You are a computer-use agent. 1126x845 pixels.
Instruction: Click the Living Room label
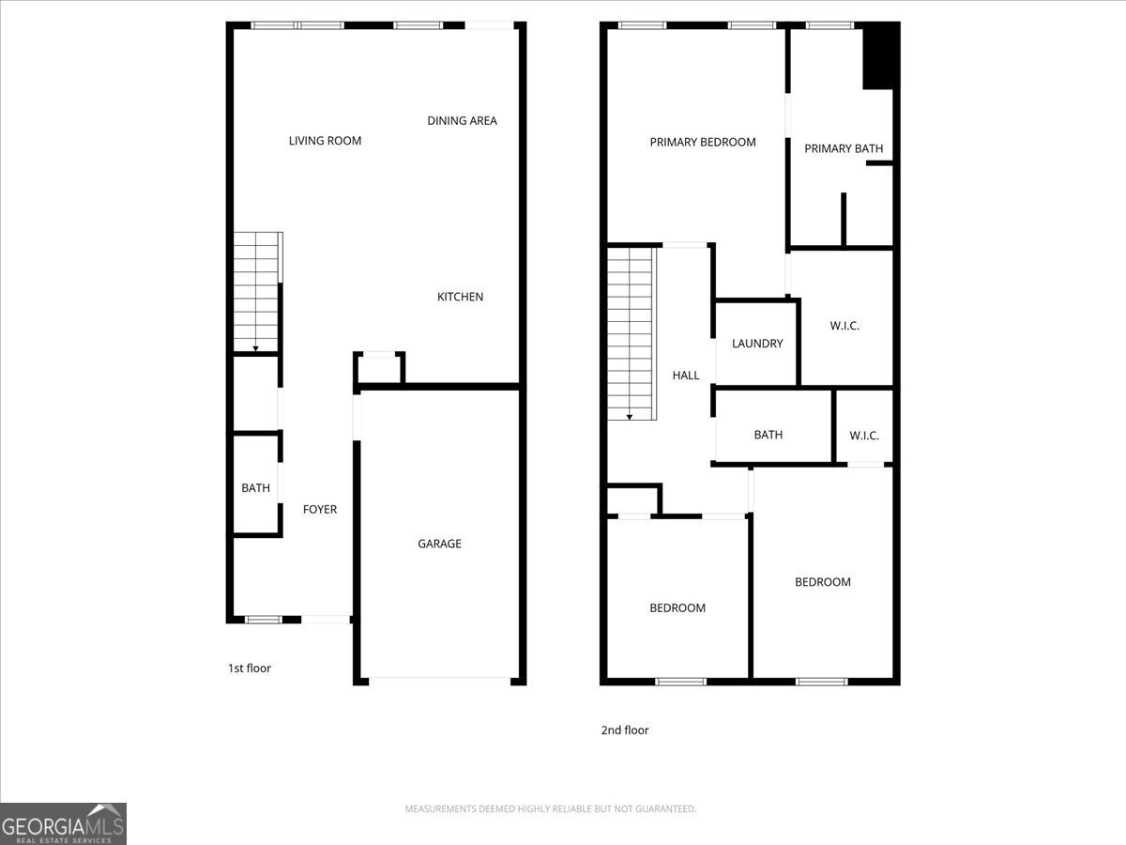[x=325, y=141]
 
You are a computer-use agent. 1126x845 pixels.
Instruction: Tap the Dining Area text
[x=462, y=120]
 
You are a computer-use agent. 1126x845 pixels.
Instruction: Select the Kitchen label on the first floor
[x=460, y=297]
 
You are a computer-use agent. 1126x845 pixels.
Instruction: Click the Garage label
[x=439, y=544]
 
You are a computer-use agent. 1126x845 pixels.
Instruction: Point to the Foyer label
[x=319, y=509]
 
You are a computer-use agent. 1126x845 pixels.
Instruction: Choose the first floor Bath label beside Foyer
[x=255, y=488]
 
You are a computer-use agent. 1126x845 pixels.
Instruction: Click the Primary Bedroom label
[x=703, y=142]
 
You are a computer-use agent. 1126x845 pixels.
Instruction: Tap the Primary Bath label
[x=844, y=148]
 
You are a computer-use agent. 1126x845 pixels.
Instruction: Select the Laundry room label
[x=757, y=344]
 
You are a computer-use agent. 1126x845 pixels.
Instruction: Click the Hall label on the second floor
[x=686, y=376]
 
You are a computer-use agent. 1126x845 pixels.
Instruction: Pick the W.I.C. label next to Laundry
[x=844, y=326]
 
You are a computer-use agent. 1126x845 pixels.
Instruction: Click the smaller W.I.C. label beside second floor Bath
[x=864, y=436]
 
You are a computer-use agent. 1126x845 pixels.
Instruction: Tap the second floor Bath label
[x=768, y=435]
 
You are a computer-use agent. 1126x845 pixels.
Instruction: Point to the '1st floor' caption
[x=250, y=668]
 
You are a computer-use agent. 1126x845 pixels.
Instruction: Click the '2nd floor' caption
[x=625, y=730]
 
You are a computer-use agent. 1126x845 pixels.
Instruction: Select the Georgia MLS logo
[x=63, y=823]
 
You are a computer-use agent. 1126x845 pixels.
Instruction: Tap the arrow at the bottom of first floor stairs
[x=255, y=347]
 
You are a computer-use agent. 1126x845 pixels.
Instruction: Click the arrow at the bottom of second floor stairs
[x=630, y=415]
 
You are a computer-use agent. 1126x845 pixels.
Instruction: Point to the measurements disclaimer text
[x=550, y=808]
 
